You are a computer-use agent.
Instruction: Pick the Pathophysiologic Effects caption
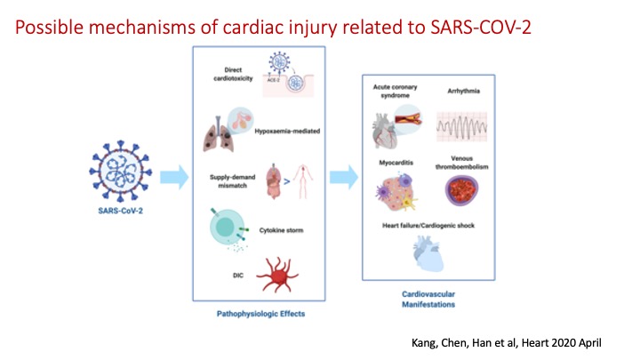point(257,313)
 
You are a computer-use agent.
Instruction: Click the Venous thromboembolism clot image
point(469,196)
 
